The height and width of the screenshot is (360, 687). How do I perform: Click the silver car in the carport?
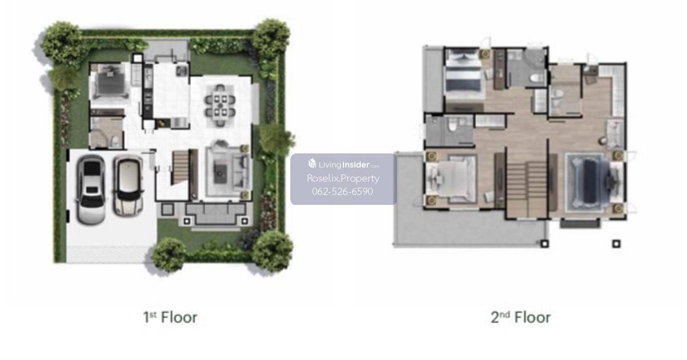pos(91,189)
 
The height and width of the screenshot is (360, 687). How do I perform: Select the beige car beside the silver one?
pos(128,186)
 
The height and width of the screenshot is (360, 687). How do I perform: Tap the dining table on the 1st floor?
pos(220,106)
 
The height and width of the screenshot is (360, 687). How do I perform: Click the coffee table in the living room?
pos(220,174)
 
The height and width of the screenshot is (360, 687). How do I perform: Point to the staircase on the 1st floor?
pos(180,167)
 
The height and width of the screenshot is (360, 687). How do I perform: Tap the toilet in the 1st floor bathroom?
pos(115,141)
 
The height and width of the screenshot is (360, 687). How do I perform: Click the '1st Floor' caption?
pos(171,317)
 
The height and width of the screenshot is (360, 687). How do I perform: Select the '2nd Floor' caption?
pos(520,317)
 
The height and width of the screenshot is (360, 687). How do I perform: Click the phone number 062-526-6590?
pos(342,191)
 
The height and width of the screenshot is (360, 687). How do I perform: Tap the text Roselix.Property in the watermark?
pos(343,178)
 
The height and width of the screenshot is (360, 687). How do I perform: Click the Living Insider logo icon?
pos(312,164)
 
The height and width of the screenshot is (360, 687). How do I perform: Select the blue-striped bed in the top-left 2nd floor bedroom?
pos(462,74)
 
